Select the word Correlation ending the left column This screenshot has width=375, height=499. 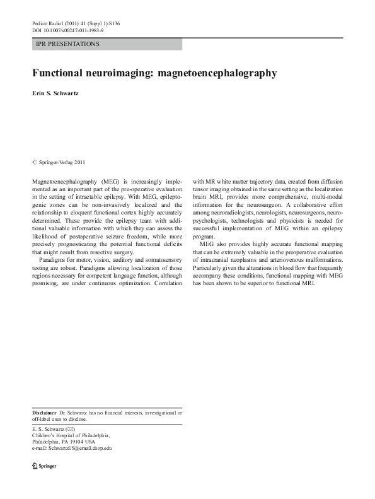click(x=166, y=284)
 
